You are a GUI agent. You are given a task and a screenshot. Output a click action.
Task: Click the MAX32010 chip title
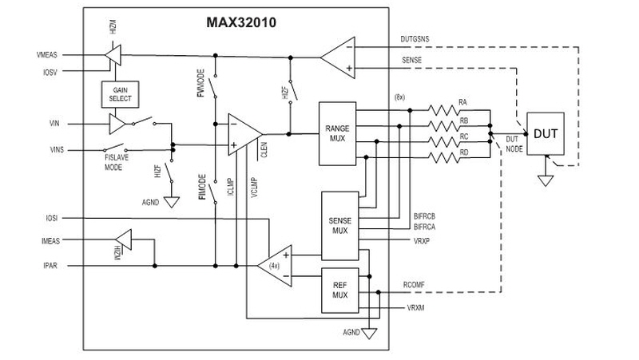(241, 22)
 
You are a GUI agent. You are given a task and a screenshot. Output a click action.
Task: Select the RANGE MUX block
(337, 133)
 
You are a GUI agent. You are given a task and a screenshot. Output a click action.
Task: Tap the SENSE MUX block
(340, 226)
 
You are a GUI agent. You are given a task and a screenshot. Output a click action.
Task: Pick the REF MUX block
(340, 291)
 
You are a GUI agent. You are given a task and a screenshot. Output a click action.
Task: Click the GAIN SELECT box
(121, 94)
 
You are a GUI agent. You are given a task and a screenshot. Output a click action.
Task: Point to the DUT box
(546, 133)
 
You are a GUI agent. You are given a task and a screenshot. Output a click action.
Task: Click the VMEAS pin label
(47, 55)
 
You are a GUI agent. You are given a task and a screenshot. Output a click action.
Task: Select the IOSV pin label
(50, 73)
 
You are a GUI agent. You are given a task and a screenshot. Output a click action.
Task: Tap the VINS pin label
(57, 150)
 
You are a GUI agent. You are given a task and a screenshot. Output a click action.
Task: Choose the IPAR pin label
(50, 266)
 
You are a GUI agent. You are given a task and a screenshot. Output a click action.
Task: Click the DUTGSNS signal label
(415, 39)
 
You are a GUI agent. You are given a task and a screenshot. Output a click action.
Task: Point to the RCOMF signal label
(414, 285)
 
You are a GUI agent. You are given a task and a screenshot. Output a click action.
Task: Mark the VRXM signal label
(415, 308)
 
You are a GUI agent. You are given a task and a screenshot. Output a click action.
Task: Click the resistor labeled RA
(443, 110)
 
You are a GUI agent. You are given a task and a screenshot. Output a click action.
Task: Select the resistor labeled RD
(443, 157)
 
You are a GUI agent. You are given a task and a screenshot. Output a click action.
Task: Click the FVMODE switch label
(201, 83)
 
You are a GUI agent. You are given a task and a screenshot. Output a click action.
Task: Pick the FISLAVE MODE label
(116, 163)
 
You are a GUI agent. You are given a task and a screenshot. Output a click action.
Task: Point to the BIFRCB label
(425, 216)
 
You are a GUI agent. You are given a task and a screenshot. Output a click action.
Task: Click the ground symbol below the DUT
(546, 180)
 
